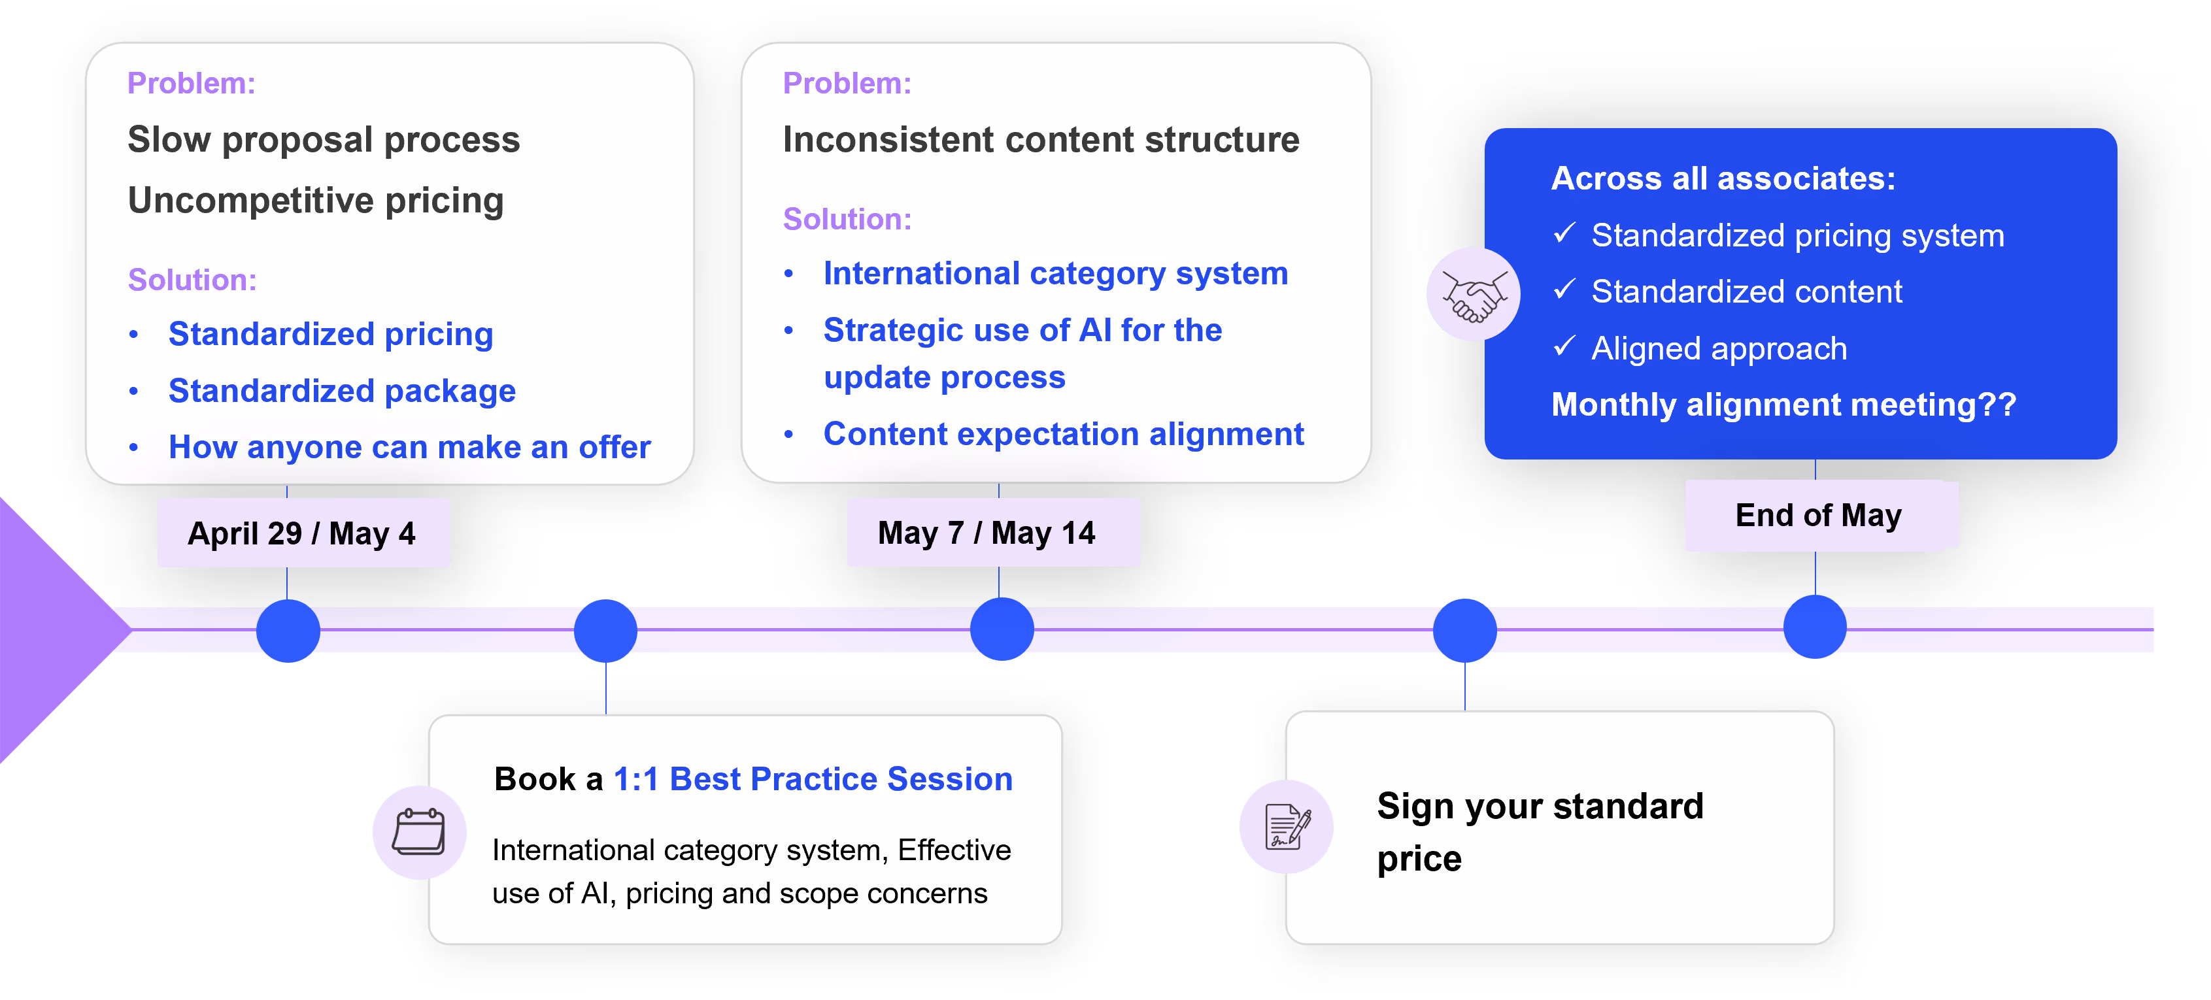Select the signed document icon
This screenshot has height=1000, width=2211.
pyautogui.click(x=1287, y=827)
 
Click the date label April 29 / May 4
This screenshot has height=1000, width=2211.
pyautogui.click(x=302, y=533)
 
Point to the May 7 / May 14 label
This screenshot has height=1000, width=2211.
pyautogui.click(x=987, y=533)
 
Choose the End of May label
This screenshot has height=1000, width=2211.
pyautogui.click(x=1818, y=515)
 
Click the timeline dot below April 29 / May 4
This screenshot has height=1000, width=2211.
pyautogui.click(x=288, y=630)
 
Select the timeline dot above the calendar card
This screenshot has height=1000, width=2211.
pyautogui.click(x=606, y=630)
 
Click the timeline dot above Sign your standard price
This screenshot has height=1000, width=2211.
pyautogui.click(x=1464, y=630)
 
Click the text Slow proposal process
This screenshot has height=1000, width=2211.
pyautogui.click(x=324, y=140)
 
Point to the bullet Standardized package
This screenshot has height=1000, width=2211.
pyautogui.click(x=342, y=391)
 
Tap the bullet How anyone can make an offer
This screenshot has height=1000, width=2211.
pyautogui.click(x=409, y=447)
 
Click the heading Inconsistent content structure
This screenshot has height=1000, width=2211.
pyautogui.click(x=1041, y=139)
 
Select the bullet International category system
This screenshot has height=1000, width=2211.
pyautogui.click(x=1056, y=273)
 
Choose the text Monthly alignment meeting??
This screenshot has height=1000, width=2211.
pyautogui.click(x=1783, y=405)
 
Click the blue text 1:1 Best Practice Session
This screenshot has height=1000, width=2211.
pyautogui.click(x=813, y=778)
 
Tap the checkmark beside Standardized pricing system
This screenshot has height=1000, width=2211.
pyautogui.click(x=1564, y=233)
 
